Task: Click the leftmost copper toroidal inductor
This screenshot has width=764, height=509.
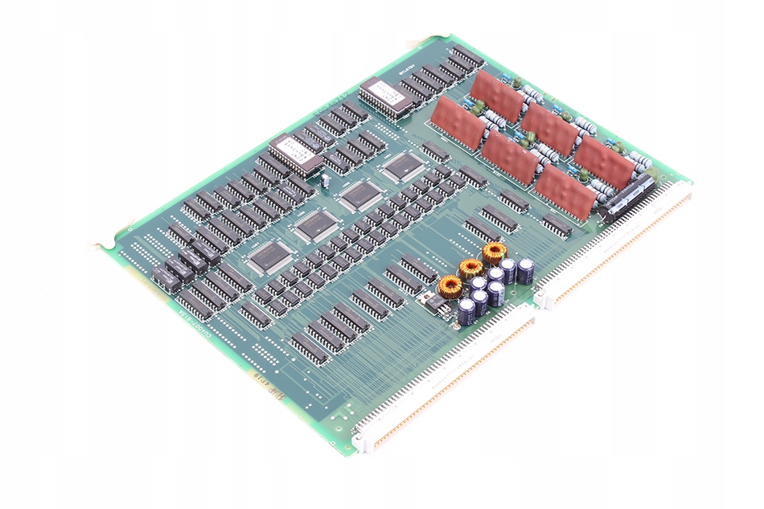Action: (450, 285)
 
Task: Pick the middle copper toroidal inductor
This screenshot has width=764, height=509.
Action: (471, 269)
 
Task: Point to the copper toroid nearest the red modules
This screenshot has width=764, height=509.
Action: (494, 252)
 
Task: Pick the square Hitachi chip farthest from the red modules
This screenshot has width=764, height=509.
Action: (268, 257)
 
